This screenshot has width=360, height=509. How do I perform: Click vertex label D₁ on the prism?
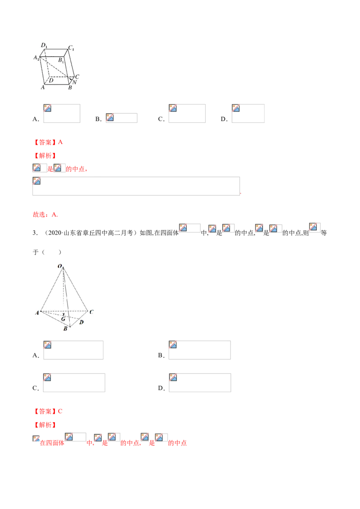44,45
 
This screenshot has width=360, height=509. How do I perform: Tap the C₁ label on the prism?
71,48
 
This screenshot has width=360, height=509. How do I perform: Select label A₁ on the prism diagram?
36,58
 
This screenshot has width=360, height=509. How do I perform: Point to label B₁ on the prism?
61,59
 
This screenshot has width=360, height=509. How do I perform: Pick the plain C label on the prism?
77,76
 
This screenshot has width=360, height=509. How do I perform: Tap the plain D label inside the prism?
51,80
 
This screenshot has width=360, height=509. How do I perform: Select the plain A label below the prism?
43,88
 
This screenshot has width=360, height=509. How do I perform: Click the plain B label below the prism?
70,88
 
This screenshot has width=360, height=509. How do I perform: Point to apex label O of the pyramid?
59,267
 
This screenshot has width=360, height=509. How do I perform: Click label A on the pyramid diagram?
37,313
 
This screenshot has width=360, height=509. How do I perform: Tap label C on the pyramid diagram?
91,312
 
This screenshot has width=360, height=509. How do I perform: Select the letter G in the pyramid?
63,319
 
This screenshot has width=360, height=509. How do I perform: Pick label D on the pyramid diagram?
81,322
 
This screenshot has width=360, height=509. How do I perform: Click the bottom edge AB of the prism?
56,84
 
